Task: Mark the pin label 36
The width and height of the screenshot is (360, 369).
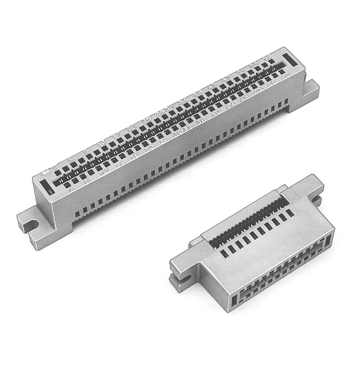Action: (x=201, y=119)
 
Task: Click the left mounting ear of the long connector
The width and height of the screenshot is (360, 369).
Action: (x=28, y=220)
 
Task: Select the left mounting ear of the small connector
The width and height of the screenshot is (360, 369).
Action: (x=178, y=271)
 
